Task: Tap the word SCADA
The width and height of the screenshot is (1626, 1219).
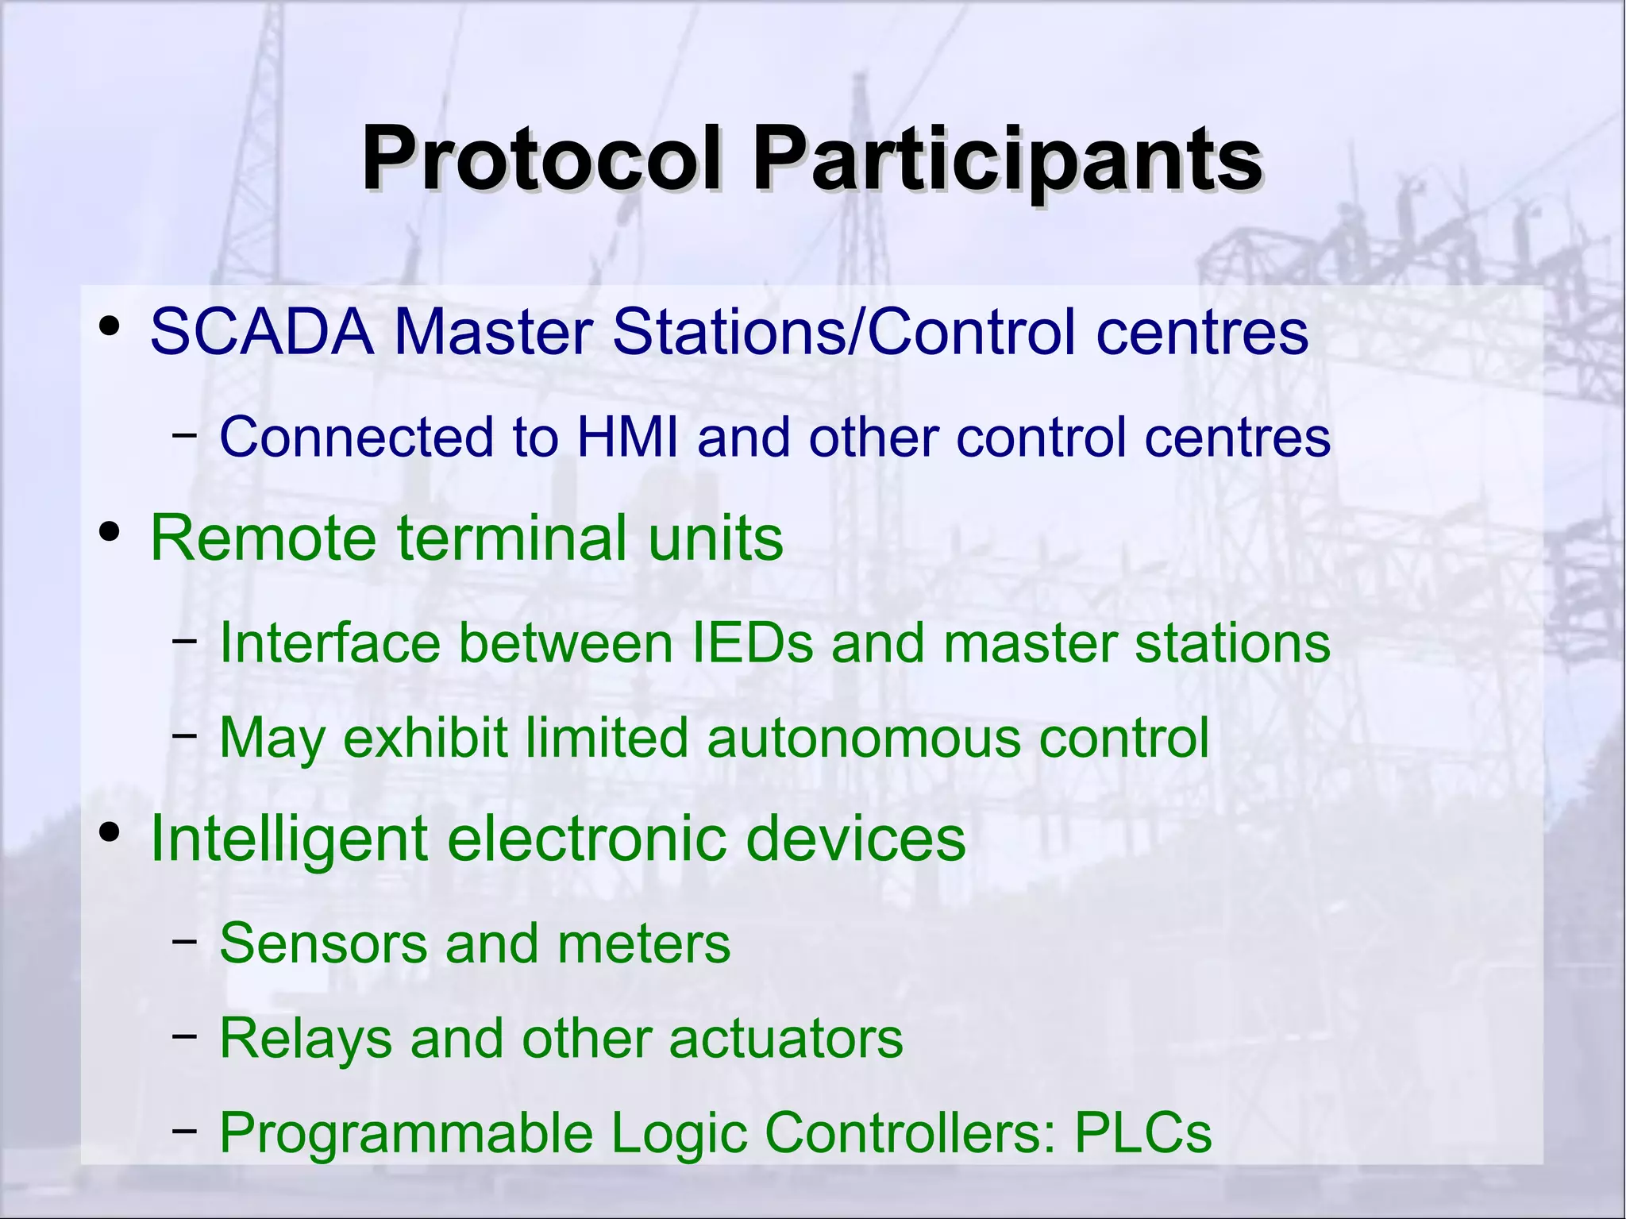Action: (262, 331)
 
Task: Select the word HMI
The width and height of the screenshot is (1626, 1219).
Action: (628, 438)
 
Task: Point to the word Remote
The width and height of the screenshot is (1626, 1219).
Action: (263, 538)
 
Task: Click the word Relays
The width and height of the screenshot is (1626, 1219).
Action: (306, 1038)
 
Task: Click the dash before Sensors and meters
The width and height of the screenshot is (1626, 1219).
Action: (184, 941)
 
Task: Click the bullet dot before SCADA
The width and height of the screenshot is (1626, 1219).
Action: (110, 326)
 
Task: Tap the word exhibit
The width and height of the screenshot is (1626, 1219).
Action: (425, 738)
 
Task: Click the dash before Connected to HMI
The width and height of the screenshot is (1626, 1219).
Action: (184, 434)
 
